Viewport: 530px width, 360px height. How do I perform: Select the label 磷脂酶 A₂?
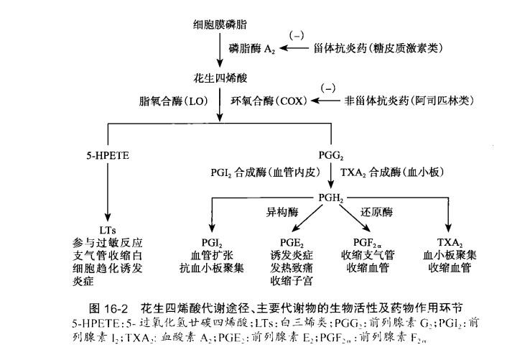[x=252, y=48]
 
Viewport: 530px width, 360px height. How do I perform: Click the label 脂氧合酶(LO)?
[x=173, y=101]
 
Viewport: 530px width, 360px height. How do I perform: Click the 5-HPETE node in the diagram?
[x=106, y=154]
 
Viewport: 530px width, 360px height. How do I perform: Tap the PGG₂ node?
[x=331, y=154]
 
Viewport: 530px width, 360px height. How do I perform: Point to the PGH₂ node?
[x=331, y=198]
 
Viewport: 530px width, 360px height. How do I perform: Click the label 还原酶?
[x=377, y=213]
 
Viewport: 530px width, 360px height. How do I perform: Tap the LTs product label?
[x=107, y=229]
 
